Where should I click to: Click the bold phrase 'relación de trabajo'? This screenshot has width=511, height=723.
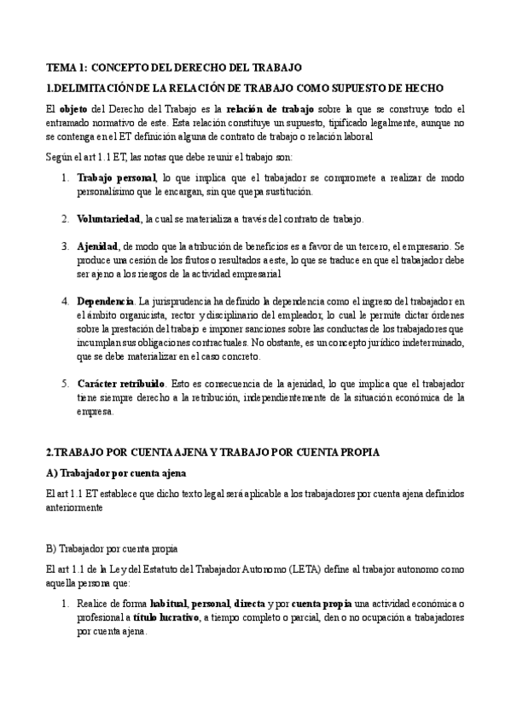[270, 109]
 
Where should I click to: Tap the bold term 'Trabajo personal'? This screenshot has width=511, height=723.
[116, 177]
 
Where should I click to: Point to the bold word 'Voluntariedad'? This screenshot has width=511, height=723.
[110, 219]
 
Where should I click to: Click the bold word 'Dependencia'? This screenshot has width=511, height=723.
[105, 301]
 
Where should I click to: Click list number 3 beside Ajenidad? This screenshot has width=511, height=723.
[65, 246]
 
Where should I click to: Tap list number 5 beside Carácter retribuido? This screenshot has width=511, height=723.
[65, 383]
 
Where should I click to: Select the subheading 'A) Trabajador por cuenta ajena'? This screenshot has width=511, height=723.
[115, 472]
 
